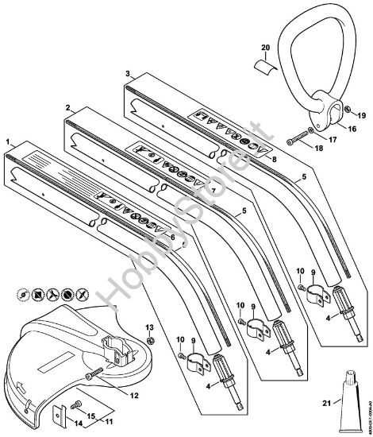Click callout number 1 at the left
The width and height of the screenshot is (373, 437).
9,141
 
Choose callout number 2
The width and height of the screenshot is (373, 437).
68,106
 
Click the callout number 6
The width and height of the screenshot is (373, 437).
174,236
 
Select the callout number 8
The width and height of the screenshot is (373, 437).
274,160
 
